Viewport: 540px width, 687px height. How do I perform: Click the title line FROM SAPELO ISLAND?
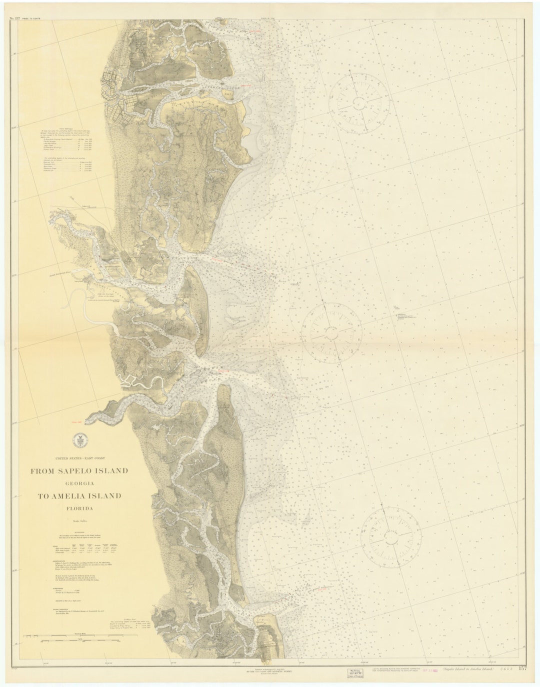[x=79, y=471]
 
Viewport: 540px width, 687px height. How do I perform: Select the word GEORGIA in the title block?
[x=79, y=483]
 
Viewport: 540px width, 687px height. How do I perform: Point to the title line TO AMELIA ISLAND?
[x=79, y=496]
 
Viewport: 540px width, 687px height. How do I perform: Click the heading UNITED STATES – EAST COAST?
[x=79, y=458]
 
